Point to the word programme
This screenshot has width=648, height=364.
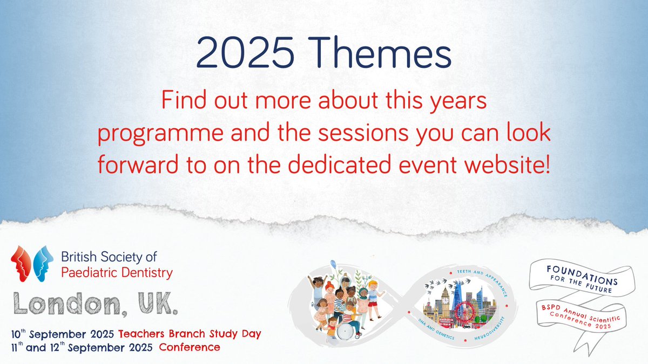point(160,134)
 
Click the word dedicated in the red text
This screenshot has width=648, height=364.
point(339,164)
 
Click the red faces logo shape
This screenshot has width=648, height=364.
point(21,264)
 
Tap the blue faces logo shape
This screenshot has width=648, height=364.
point(43,264)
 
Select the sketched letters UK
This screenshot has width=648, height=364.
point(158,303)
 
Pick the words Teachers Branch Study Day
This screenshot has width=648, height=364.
point(190,334)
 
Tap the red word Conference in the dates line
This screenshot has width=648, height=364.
point(190,347)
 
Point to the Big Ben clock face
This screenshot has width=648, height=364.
point(445,300)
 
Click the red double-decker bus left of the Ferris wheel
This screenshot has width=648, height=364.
point(446,322)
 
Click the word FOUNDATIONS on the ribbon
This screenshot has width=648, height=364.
point(582,276)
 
